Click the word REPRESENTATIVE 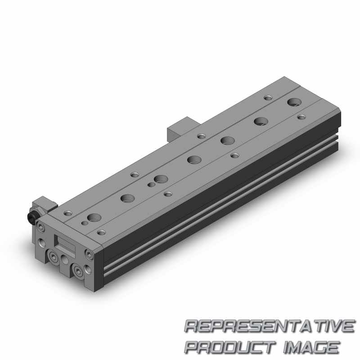point(270,326)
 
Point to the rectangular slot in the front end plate point(64,244)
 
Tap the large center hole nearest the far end point(295,102)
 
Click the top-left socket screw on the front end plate point(41,227)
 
